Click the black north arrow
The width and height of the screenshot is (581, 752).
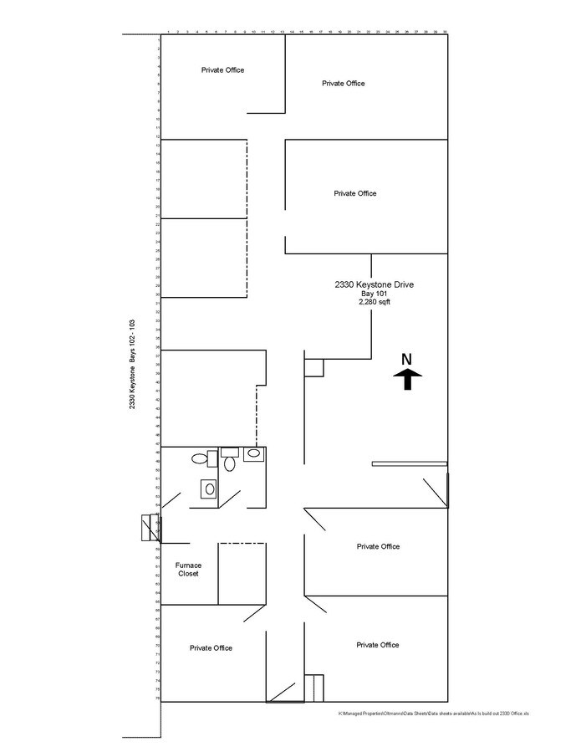click(x=407, y=381)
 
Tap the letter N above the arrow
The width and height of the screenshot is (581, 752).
click(x=407, y=360)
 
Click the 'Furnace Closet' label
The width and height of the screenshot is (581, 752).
click(x=188, y=570)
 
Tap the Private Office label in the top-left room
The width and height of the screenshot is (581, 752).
click(x=222, y=70)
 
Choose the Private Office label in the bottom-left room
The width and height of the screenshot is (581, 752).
click(x=211, y=648)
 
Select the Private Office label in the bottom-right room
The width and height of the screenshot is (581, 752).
click(x=378, y=645)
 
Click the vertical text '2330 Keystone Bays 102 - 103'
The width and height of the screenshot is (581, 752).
click(x=132, y=365)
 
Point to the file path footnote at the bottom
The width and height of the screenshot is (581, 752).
click(x=434, y=714)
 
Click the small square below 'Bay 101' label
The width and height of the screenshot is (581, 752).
click(x=313, y=368)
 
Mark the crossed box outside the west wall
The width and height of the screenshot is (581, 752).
click(x=150, y=529)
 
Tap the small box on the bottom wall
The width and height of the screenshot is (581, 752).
click(x=314, y=688)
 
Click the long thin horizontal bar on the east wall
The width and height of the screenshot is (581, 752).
click(x=410, y=463)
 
